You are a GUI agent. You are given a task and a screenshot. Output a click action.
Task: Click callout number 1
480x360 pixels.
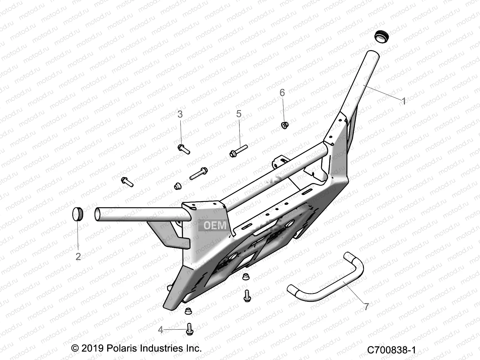tap(404, 101)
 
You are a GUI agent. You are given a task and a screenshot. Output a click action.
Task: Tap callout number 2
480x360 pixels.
tap(78, 256)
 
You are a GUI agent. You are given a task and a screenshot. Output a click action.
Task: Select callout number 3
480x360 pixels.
tap(180, 114)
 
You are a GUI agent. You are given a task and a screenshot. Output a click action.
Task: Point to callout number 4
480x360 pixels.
tap(160, 330)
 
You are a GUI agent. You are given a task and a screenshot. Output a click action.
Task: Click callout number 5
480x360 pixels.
tap(239, 114)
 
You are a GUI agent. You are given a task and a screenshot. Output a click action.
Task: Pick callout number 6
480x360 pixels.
tap(282, 93)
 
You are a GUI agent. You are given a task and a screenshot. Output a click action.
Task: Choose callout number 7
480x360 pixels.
tap(367, 307)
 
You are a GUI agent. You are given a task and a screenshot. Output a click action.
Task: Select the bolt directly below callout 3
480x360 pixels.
tap(184, 149)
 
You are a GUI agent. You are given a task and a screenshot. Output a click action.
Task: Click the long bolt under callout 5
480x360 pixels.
tap(239, 150)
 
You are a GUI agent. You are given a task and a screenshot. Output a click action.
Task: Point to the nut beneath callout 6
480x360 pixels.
tap(284, 125)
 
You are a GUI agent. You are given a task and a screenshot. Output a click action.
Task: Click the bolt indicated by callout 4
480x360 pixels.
tap(190, 329)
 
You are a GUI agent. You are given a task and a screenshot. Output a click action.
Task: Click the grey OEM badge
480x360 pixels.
tap(215, 225)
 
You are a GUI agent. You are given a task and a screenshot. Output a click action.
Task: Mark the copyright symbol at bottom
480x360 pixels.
tap(75, 348)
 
